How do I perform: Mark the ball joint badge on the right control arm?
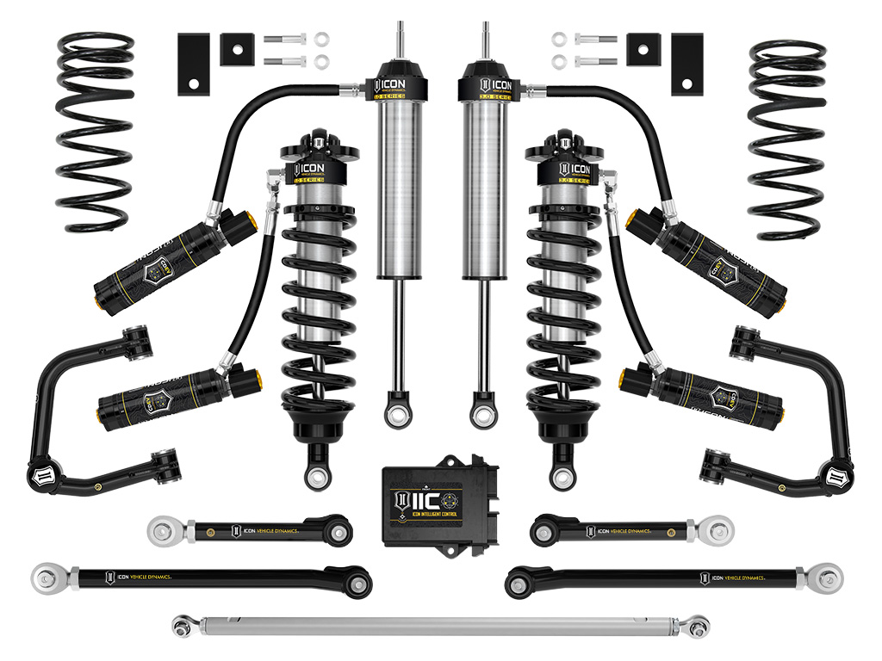click(x=835, y=476)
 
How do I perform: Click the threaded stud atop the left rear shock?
click(x=401, y=39)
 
